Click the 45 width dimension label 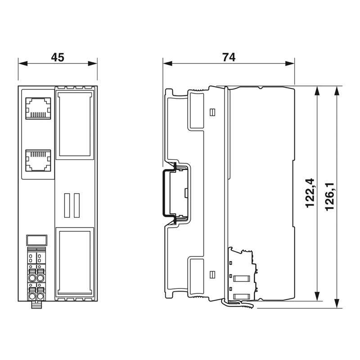click(x=58, y=58)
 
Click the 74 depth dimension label click(x=229, y=58)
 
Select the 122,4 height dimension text click(x=310, y=193)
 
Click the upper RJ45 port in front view click(x=38, y=108)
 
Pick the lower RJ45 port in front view click(x=38, y=161)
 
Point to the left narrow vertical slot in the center click(x=67, y=206)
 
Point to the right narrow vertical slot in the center click(x=76, y=206)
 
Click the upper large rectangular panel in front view click(x=75, y=125)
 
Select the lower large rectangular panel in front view click(x=75, y=262)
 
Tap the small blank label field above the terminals click(x=37, y=240)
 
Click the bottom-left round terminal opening click(x=31, y=296)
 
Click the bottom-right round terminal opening click(x=40, y=296)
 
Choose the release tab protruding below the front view click(x=36, y=305)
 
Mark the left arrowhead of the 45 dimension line click(x=23, y=63)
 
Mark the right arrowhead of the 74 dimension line click(x=290, y=63)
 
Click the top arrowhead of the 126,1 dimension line click(x=337, y=91)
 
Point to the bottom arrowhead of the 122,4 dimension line click(x=317, y=296)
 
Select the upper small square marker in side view click(x=212, y=112)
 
